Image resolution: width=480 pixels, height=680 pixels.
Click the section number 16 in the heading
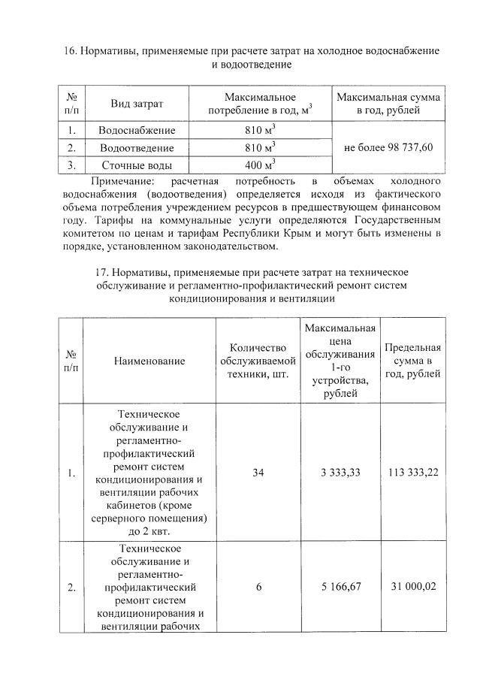[x=65, y=50]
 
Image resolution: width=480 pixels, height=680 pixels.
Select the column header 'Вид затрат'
[x=137, y=104]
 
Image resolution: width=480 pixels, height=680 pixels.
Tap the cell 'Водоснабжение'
[x=137, y=131]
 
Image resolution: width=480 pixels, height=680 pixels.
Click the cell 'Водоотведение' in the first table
[x=137, y=148]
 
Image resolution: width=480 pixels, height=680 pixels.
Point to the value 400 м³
[x=260, y=165]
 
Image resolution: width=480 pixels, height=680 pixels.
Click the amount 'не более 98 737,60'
[x=388, y=148]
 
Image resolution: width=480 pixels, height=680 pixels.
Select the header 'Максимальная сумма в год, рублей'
[x=388, y=104]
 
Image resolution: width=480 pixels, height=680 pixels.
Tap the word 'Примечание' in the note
[x=121, y=182]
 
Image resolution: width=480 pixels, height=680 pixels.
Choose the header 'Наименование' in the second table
[x=149, y=361]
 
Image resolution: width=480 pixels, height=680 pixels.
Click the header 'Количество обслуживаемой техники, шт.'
[x=258, y=361]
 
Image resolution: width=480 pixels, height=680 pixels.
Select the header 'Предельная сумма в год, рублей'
[x=412, y=361]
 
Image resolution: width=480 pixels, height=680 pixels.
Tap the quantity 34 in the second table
[x=258, y=473]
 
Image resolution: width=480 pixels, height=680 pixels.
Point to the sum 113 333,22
[x=412, y=473]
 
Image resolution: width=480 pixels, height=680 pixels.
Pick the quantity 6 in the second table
[x=258, y=588]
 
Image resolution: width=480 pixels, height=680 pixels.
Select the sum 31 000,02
[x=412, y=588]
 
